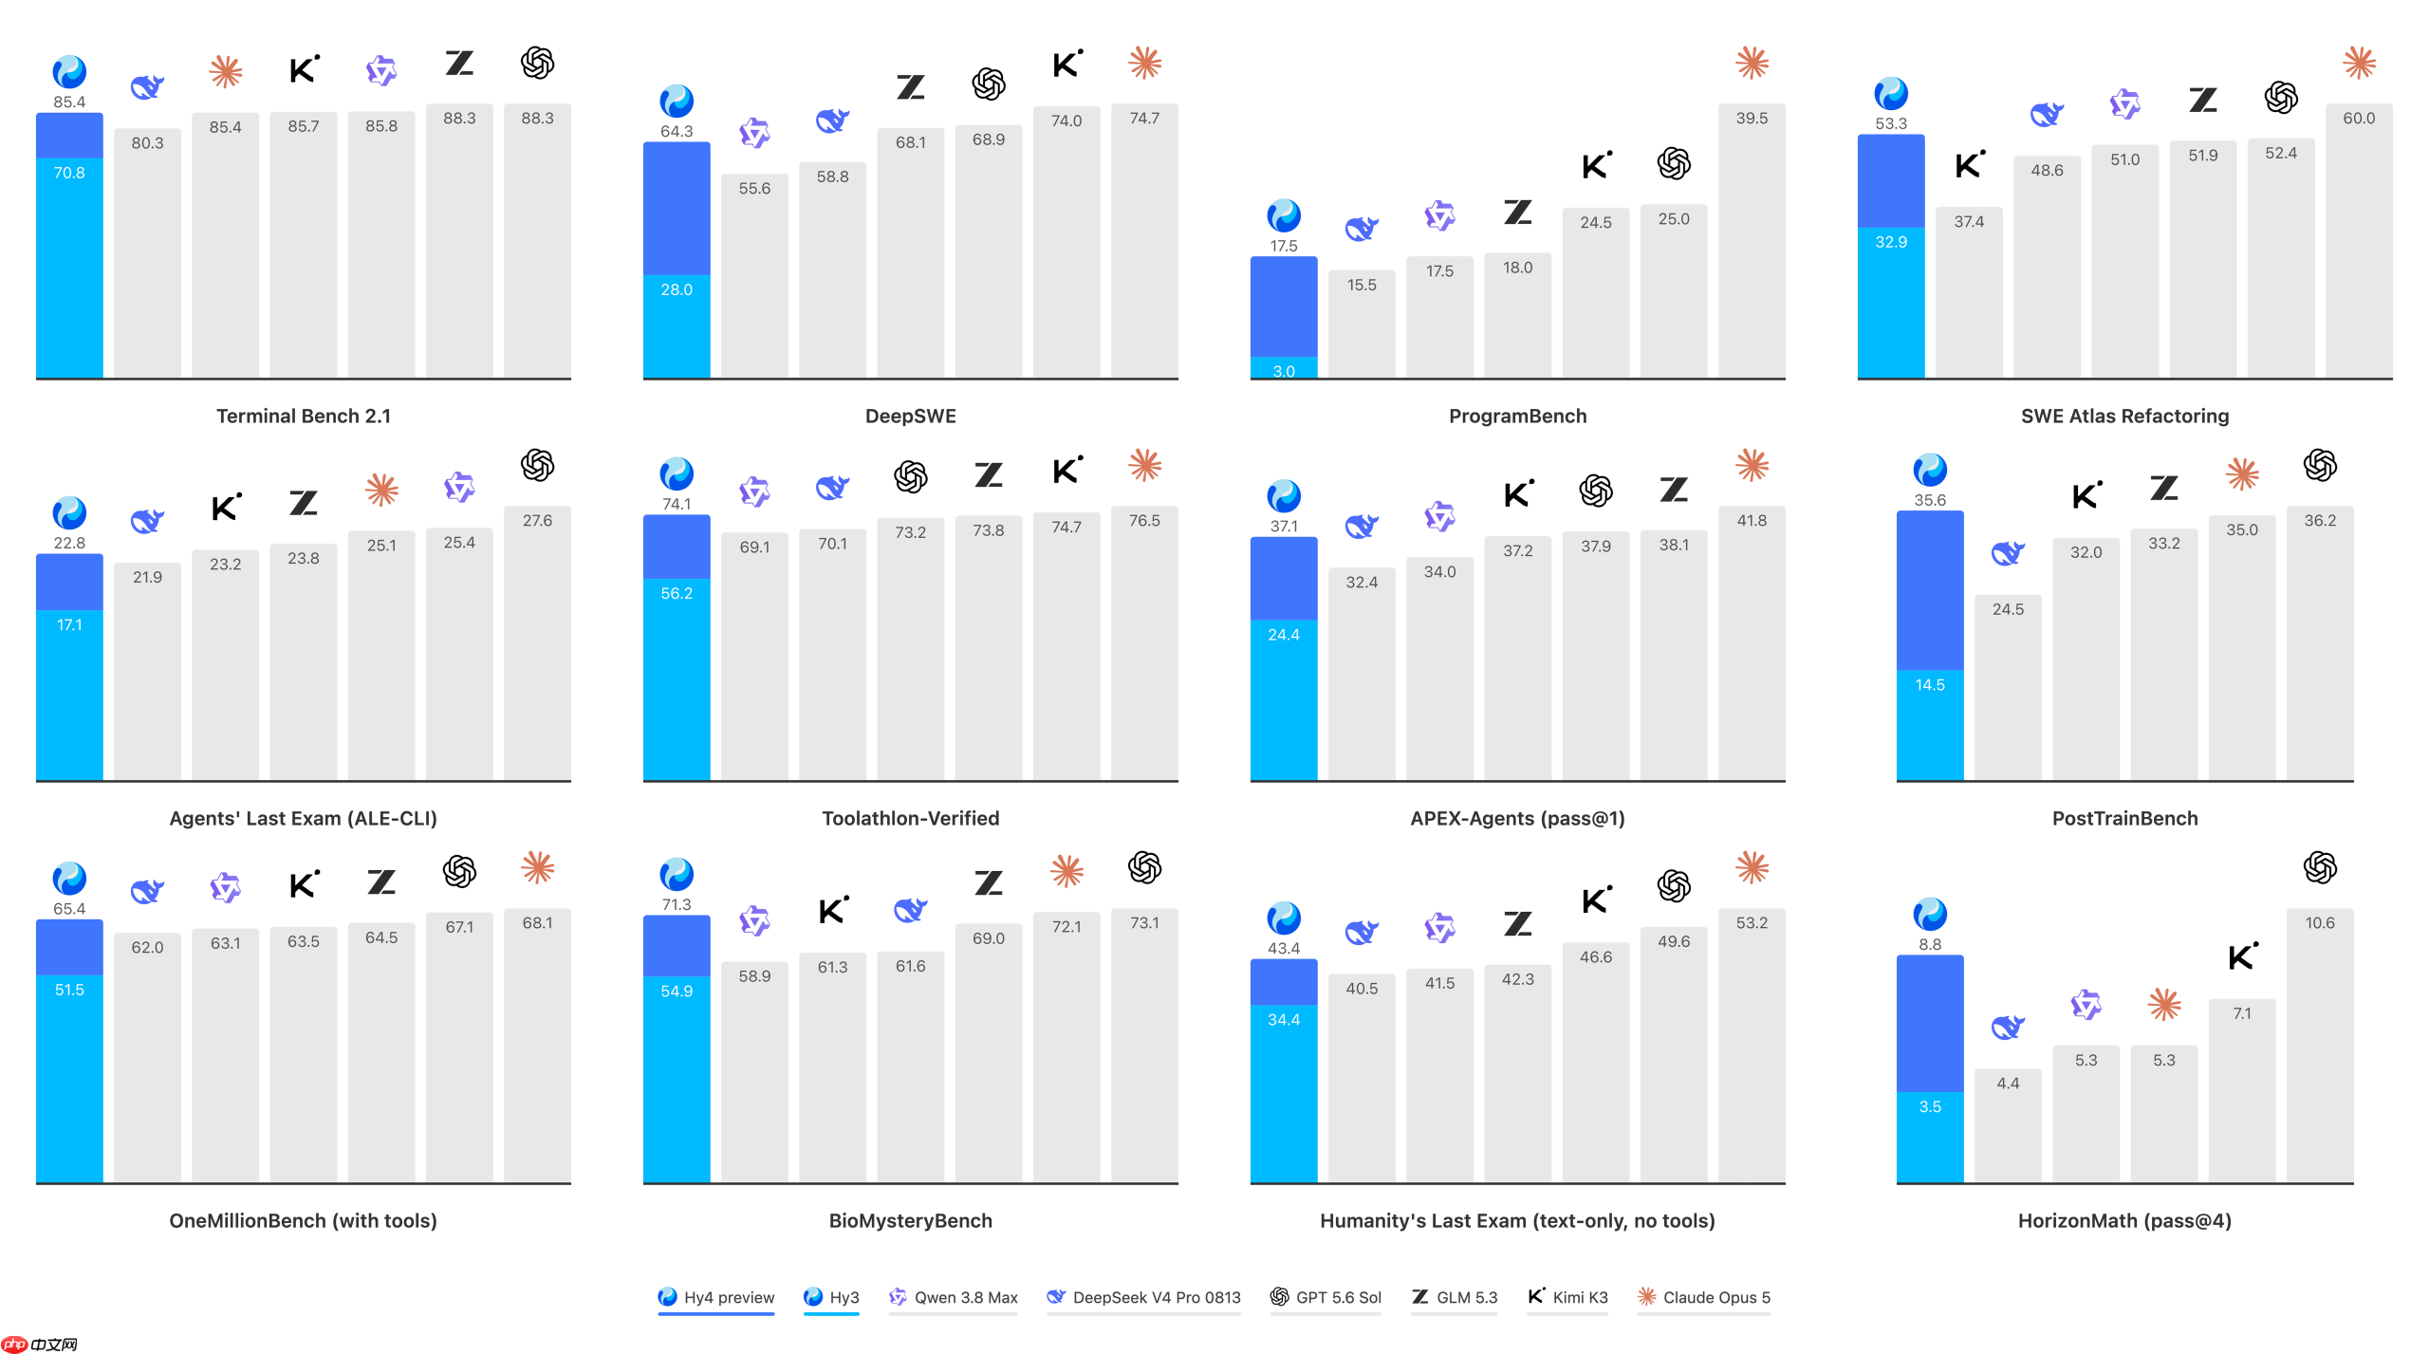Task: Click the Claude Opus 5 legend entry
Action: tap(1704, 1297)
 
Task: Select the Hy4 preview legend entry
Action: tap(716, 1297)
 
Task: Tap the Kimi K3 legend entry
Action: tap(1567, 1297)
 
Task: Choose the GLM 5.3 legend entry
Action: tap(1454, 1297)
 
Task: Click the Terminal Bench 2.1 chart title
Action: tap(304, 416)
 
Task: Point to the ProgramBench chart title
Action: tap(1517, 416)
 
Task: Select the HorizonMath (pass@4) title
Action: tap(2124, 1220)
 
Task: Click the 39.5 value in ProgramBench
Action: tap(1752, 119)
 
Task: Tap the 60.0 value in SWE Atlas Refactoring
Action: tap(2359, 119)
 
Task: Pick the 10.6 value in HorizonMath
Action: tap(2320, 923)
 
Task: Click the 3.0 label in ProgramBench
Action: tap(1284, 371)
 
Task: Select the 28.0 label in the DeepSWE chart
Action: tap(677, 290)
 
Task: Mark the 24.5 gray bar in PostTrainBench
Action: tap(2008, 688)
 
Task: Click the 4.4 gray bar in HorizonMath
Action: tap(2008, 1126)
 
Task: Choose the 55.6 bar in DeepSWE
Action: tap(754, 276)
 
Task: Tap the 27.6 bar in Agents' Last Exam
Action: tap(537, 643)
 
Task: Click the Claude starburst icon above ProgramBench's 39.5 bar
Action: tap(1752, 63)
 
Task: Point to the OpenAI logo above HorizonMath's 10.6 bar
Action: tap(2320, 867)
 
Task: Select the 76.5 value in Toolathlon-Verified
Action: tap(1144, 521)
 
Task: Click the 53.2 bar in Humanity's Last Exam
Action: tap(1752, 1046)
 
